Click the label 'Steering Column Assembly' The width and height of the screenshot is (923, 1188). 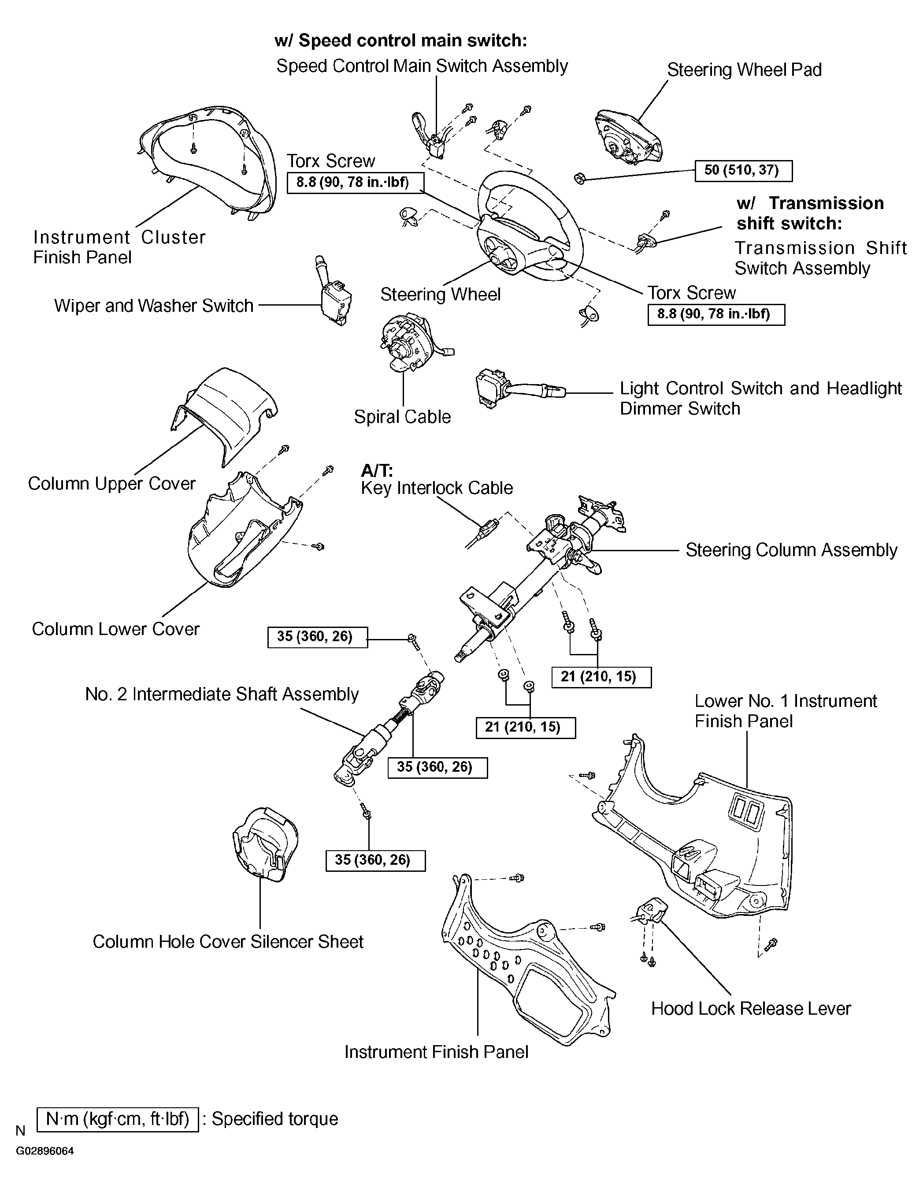coord(791,550)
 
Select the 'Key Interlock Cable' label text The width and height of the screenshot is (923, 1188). coord(437,487)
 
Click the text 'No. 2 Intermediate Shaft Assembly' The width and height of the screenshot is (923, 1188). coord(222,694)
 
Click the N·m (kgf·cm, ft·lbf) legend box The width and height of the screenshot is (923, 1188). coord(118,1119)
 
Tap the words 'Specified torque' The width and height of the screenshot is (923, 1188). coord(274,1119)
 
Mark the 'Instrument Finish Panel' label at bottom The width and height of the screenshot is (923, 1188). coord(436,1051)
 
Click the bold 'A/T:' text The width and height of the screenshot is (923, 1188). coord(377,470)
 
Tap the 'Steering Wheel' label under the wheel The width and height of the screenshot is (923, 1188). coord(440,294)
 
